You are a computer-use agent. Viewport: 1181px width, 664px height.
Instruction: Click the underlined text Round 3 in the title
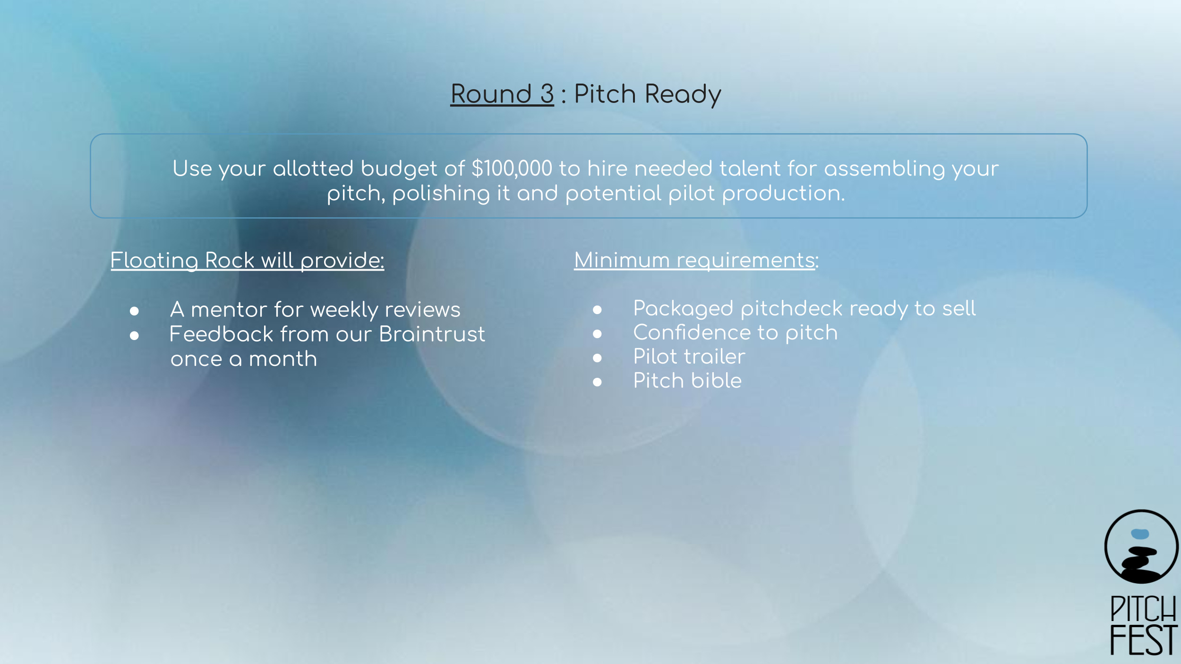click(502, 94)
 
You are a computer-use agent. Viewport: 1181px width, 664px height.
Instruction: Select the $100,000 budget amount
click(512, 169)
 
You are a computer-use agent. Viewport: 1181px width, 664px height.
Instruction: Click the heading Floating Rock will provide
click(248, 261)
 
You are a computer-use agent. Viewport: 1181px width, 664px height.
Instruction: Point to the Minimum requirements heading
click(696, 261)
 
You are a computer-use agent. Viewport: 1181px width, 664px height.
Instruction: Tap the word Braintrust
click(432, 334)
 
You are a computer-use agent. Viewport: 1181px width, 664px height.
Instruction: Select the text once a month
click(244, 359)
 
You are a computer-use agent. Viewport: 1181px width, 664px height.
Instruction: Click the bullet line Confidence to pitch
click(735, 333)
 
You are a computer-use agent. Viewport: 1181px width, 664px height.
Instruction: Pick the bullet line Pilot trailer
click(689, 357)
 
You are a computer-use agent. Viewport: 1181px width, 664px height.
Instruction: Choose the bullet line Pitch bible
click(687, 381)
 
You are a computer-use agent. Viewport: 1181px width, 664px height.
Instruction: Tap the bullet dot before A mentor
click(135, 311)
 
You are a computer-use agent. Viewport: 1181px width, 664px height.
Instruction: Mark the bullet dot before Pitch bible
click(598, 382)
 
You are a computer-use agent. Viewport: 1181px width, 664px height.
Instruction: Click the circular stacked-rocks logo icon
click(1141, 547)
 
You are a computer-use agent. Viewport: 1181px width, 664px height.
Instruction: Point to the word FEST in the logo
click(1143, 640)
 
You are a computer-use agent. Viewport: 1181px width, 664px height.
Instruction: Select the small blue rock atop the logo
click(1140, 534)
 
